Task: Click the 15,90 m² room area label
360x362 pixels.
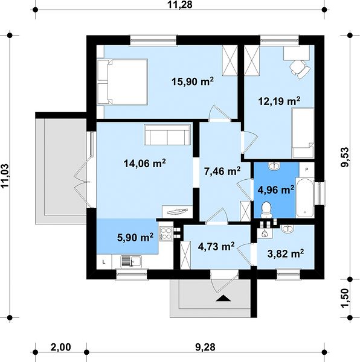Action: point(193,81)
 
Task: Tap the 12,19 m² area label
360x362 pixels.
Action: point(279,101)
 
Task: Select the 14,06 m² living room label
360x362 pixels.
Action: point(144,164)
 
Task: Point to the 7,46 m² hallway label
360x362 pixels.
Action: point(222,171)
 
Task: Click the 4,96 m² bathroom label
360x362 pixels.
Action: point(276,190)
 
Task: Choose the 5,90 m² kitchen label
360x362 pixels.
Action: point(135,237)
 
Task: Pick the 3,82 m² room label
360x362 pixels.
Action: point(286,253)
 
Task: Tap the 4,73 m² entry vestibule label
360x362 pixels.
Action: point(216,246)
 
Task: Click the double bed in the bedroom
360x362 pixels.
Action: point(123,82)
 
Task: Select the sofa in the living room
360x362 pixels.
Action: point(167,135)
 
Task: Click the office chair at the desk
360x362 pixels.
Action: point(300,69)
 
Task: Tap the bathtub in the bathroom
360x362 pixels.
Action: point(305,198)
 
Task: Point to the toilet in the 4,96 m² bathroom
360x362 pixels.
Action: point(266,209)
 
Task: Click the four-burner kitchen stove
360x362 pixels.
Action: point(166,233)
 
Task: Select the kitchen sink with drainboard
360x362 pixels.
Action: point(131,262)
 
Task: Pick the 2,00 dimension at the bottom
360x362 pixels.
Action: point(60,347)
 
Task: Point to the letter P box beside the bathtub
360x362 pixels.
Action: point(307,170)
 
